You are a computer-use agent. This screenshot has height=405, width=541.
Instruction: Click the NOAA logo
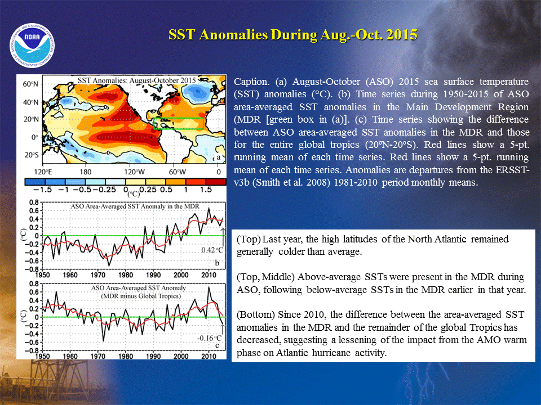(32, 46)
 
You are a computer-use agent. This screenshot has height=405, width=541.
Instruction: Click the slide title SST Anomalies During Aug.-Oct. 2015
(293, 35)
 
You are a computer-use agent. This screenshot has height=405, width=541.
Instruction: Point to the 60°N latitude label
(30, 84)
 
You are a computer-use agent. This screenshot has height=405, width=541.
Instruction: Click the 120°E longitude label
(43, 172)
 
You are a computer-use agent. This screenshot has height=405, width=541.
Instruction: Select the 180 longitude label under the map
(86, 172)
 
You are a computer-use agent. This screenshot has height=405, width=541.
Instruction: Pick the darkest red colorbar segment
(216, 182)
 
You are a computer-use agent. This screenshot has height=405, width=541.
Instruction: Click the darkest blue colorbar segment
(35, 182)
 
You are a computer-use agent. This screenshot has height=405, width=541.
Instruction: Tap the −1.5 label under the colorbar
(42, 190)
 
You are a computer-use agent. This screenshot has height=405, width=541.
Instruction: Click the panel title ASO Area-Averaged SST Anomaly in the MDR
(135, 206)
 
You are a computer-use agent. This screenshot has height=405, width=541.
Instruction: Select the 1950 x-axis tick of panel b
(42, 275)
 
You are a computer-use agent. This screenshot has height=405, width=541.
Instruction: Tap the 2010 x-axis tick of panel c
(209, 356)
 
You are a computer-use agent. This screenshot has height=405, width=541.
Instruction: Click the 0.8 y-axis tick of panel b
(34, 202)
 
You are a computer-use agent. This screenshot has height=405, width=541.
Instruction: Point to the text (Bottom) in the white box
(256, 315)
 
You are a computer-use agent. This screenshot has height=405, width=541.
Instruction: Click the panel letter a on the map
(219, 157)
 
